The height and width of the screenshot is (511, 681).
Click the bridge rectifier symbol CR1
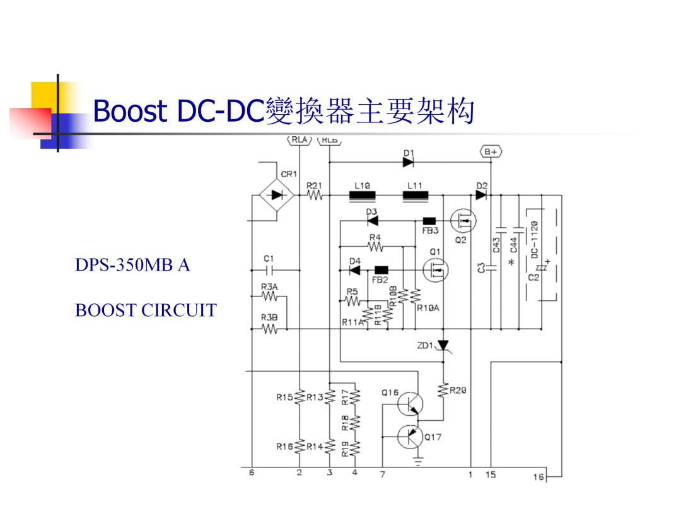pyautogui.click(x=277, y=195)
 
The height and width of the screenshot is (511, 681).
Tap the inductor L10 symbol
pyautogui.click(x=362, y=196)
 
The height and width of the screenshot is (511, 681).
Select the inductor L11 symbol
pyautogui.click(x=416, y=196)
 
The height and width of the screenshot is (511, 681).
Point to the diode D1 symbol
pyautogui.click(x=408, y=163)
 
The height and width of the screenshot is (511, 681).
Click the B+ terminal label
pyautogui.click(x=491, y=151)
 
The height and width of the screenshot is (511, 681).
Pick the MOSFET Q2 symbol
pyautogui.click(x=463, y=221)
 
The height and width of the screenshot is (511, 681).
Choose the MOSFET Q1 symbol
pyautogui.click(x=436, y=270)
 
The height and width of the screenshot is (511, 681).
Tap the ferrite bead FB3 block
pyautogui.click(x=429, y=221)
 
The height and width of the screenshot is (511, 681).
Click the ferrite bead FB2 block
pyautogui.click(x=381, y=270)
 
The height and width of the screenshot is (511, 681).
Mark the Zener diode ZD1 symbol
pyautogui.click(x=443, y=346)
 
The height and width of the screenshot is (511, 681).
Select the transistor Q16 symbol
pyautogui.click(x=410, y=404)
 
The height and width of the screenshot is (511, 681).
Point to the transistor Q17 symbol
pyautogui.click(x=410, y=437)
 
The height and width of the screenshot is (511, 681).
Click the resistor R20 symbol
pyautogui.click(x=443, y=390)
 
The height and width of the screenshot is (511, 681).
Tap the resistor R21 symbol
pyautogui.click(x=315, y=196)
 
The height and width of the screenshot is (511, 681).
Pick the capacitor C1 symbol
pyautogui.click(x=269, y=270)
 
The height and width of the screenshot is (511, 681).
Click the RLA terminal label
pyautogui.click(x=300, y=140)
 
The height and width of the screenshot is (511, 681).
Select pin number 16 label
pyautogui.click(x=538, y=477)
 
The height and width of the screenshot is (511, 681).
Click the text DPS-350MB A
pyautogui.click(x=132, y=264)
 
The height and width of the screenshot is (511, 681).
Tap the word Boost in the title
pyautogui.click(x=131, y=110)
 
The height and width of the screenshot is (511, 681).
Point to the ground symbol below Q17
pyautogui.click(x=418, y=462)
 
